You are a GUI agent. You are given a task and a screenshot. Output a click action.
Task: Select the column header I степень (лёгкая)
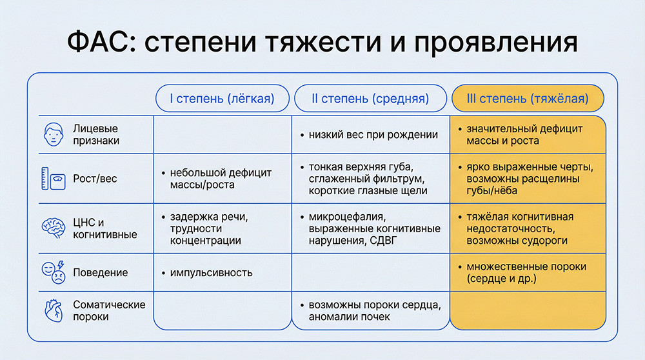pyautogui.click(x=221, y=99)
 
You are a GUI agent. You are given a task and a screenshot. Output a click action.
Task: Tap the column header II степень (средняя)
pyautogui.click(x=370, y=99)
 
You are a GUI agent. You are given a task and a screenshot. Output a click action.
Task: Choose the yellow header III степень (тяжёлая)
pyautogui.click(x=528, y=99)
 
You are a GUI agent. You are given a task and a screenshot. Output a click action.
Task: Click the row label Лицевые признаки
pyautogui.click(x=95, y=134)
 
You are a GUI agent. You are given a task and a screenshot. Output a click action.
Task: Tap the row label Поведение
pyautogui.click(x=101, y=272)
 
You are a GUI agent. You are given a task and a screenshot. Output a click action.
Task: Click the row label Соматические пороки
pyautogui.click(x=109, y=310)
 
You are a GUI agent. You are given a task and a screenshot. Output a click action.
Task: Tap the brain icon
pyautogui.click(x=54, y=228)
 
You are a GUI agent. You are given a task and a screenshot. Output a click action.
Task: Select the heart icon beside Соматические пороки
pyautogui.click(x=54, y=310)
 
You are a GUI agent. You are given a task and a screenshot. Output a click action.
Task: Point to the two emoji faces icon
pyautogui.click(x=54, y=272)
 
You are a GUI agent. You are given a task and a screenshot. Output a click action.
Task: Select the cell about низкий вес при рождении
pyautogui.click(x=373, y=135)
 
